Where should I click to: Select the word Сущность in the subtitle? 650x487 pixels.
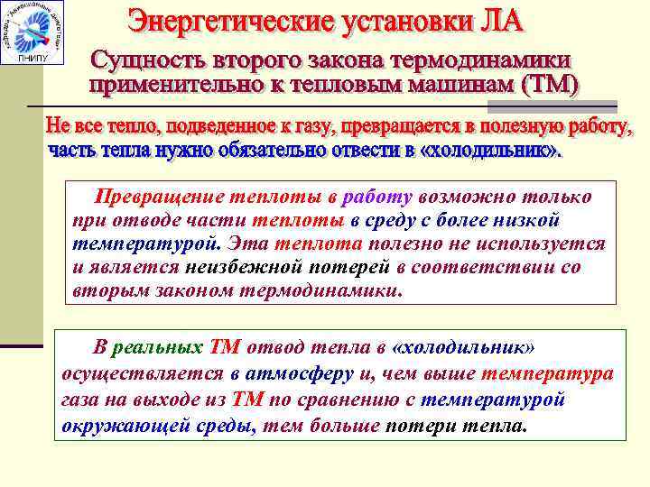[148, 61]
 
